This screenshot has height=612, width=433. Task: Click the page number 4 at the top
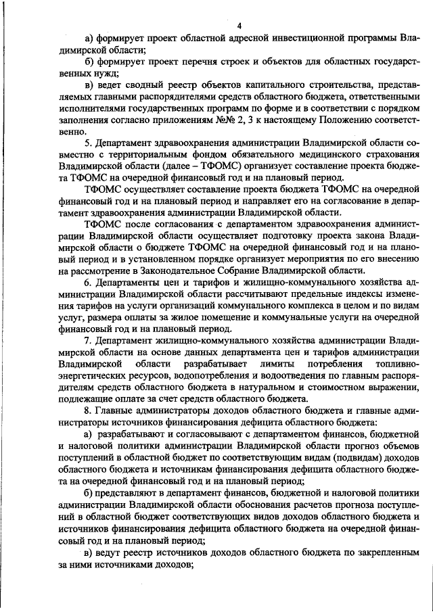[x=239, y=26]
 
